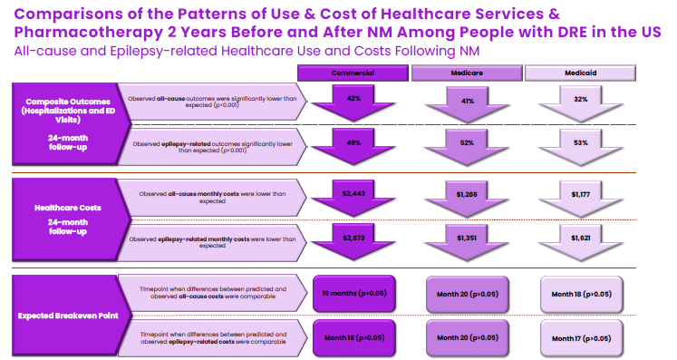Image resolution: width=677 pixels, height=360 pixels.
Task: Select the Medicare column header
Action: point(467,72)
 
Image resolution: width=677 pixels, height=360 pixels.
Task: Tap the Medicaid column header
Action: point(580,72)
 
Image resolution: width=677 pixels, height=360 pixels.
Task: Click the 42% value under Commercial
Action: point(353,98)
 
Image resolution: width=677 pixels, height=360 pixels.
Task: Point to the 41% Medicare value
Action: point(468,101)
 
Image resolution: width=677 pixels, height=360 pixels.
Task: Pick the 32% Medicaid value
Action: point(580,99)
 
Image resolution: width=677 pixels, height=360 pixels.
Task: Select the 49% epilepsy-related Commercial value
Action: point(353,142)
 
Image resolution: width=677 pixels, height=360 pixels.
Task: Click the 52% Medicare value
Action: point(468,142)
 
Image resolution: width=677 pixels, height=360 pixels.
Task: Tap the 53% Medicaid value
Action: point(580,142)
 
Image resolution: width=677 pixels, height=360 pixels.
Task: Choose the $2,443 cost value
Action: point(353,192)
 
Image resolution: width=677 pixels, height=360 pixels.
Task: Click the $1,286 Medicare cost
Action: point(468,193)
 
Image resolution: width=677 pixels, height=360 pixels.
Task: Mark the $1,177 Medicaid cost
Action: point(580,193)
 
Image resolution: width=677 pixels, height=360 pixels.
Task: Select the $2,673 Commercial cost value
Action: point(353,237)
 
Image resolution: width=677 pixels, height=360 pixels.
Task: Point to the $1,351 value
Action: point(468,237)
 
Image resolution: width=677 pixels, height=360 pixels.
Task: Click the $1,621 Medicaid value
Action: point(580,238)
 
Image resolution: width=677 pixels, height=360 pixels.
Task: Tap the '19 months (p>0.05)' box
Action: point(353,293)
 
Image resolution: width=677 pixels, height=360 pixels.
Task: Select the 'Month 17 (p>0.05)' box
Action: point(580,338)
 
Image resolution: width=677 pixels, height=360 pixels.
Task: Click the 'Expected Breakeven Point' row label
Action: point(59,315)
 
